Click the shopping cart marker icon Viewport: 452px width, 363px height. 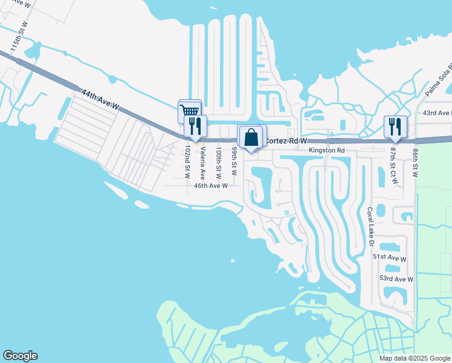(x=189, y=110)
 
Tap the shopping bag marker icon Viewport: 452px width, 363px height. (x=251, y=137)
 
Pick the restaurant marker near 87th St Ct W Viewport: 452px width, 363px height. (x=395, y=126)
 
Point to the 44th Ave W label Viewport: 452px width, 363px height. (x=100, y=99)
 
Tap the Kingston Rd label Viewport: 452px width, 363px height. (x=326, y=150)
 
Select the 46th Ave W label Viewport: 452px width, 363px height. (x=210, y=186)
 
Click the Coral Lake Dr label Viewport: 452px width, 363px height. (x=370, y=227)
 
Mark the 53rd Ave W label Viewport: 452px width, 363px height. (x=396, y=279)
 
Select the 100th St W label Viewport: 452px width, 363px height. (x=219, y=162)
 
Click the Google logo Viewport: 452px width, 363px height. (x=20, y=356)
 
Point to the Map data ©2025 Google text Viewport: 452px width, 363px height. (x=415, y=358)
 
